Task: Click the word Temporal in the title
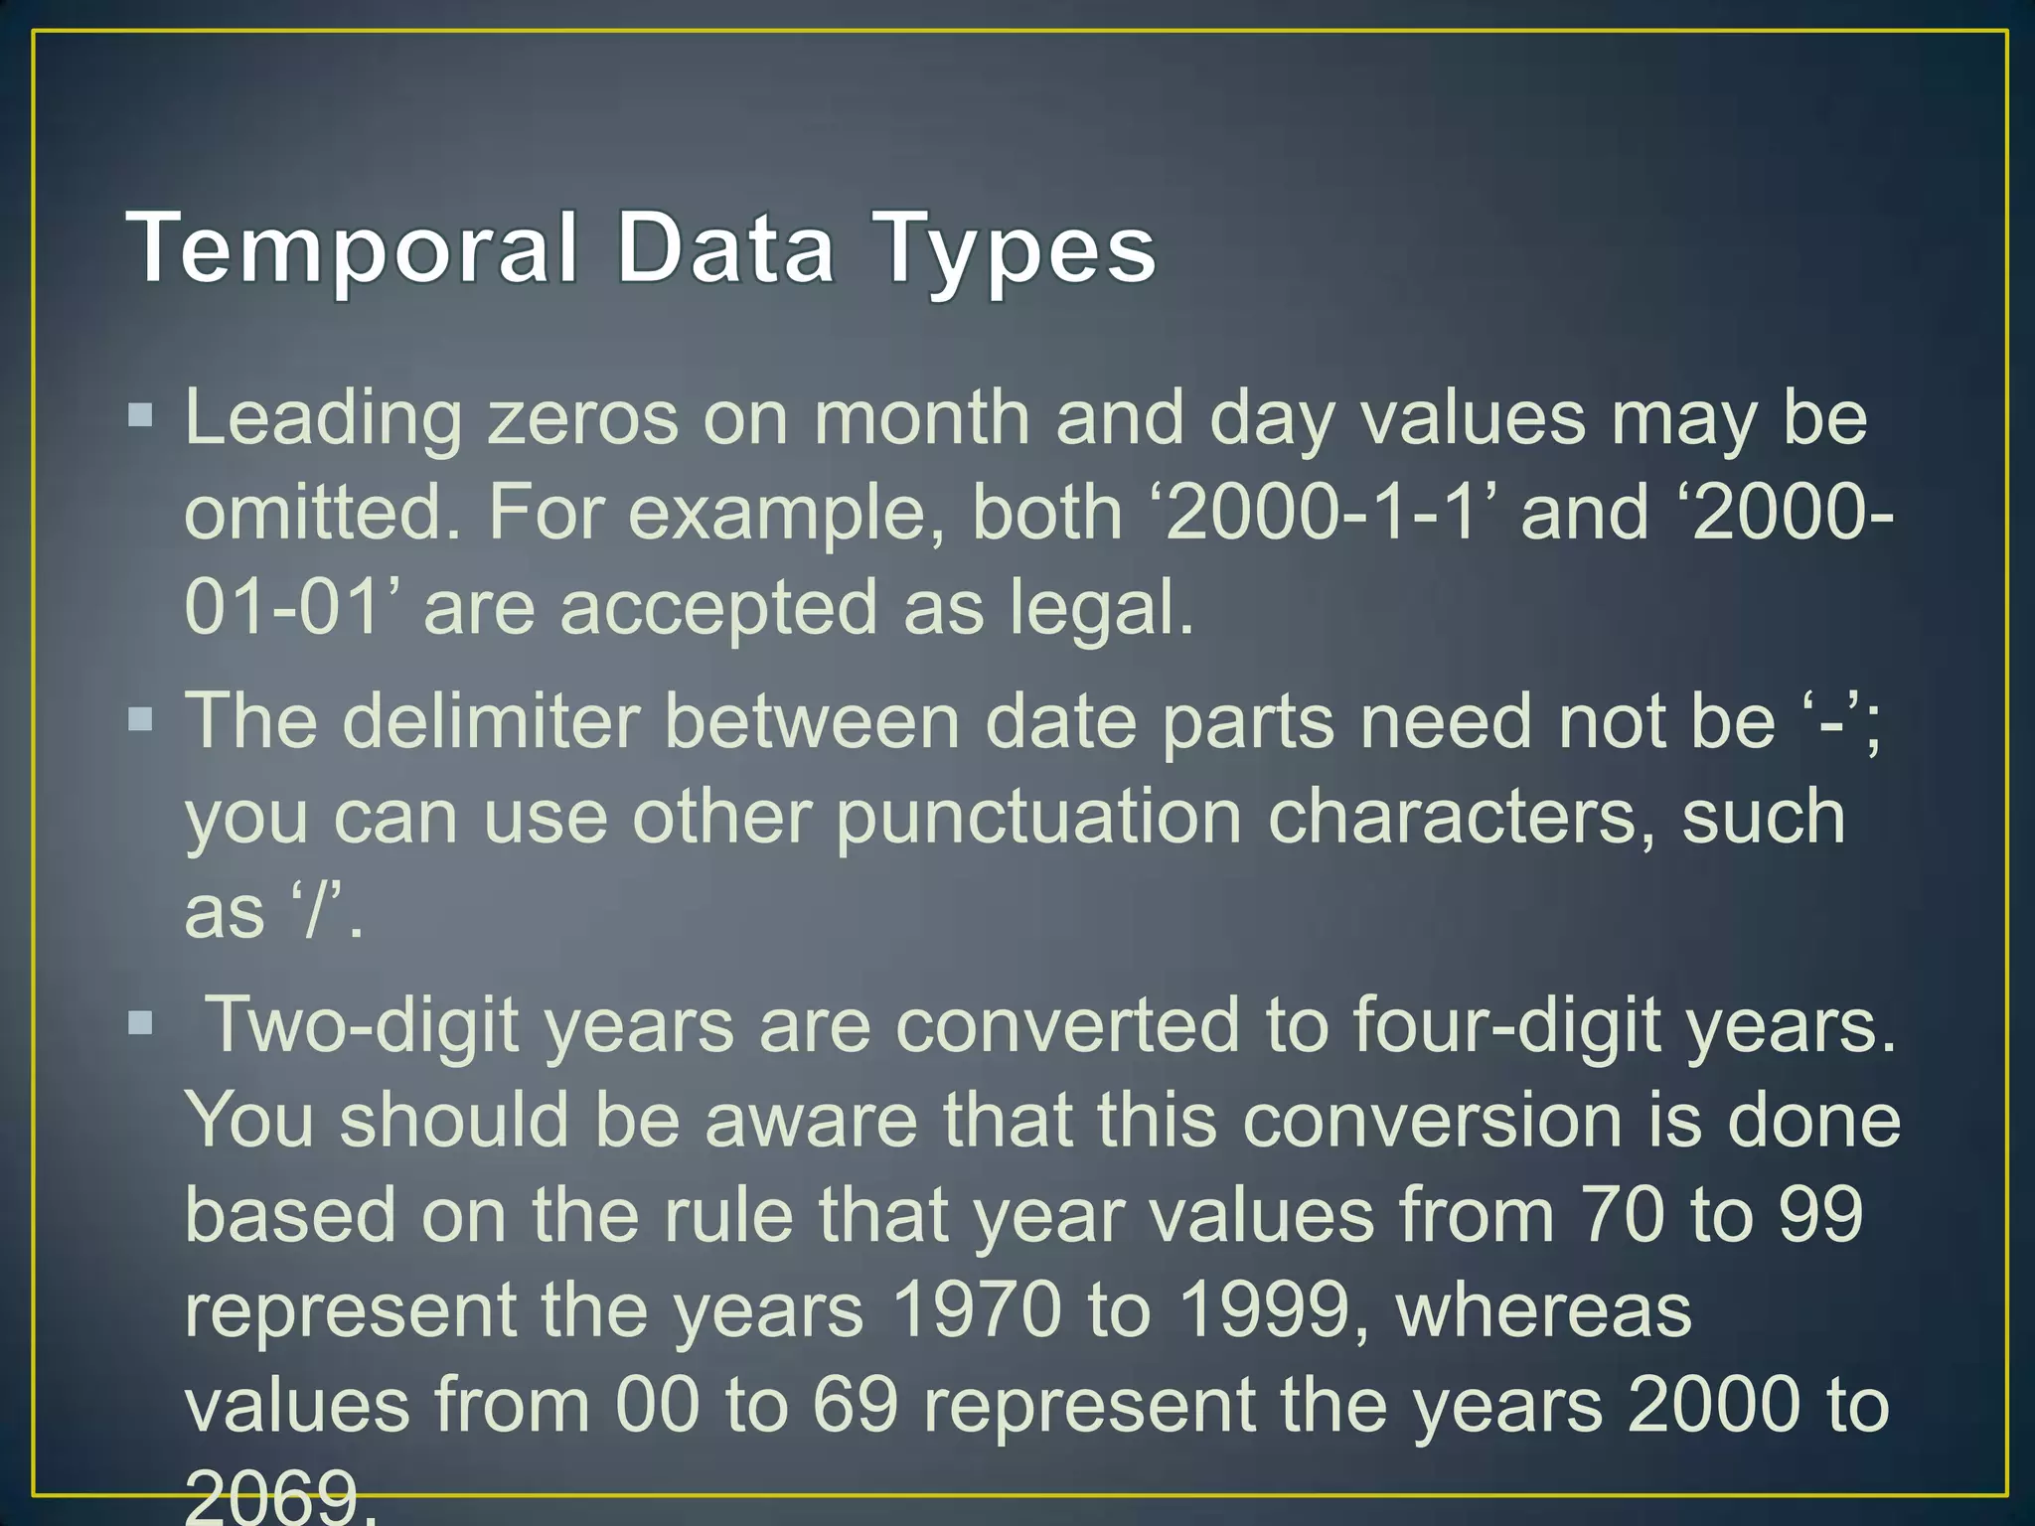tap(353, 248)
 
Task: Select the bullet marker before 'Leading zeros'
tap(141, 414)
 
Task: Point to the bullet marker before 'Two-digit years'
tap(141, 1022)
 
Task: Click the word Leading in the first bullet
tap(323, 419)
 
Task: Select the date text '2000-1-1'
tap(1331, 513)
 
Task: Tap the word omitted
tap(323, 513)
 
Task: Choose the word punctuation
tap(1038, 819)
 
